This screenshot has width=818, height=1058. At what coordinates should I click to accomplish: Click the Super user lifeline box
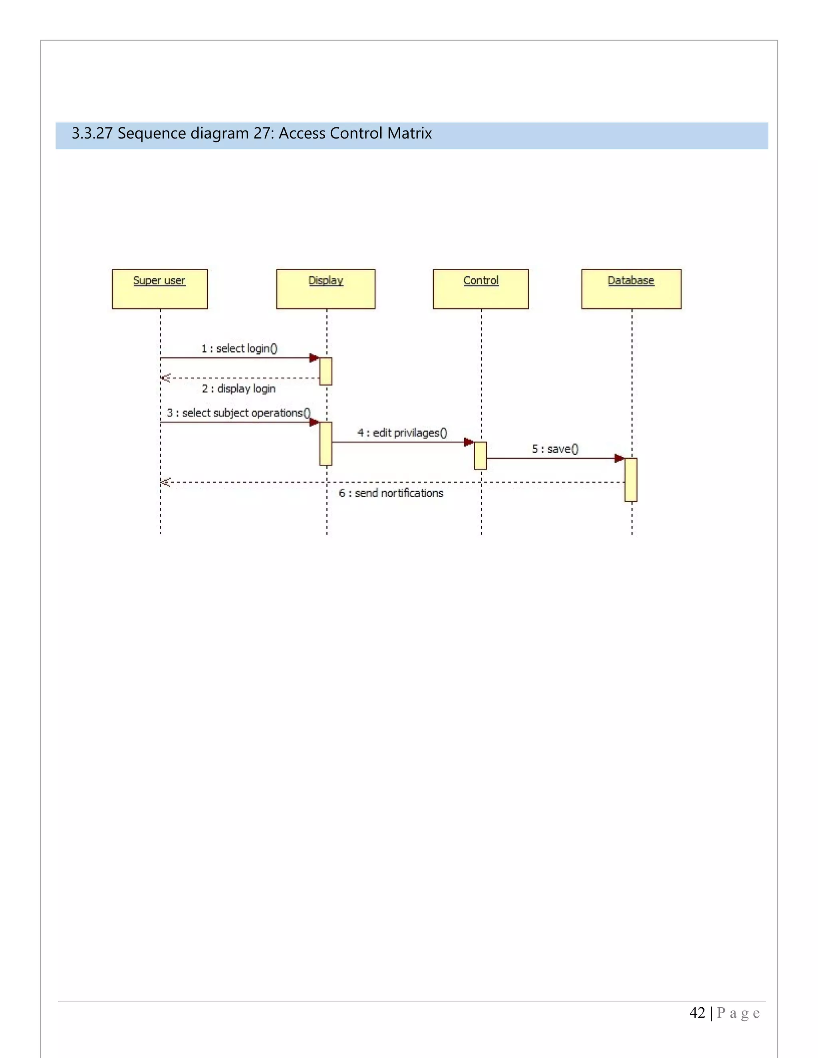[159, 289]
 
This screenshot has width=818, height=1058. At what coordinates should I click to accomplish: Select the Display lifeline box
[326, 289]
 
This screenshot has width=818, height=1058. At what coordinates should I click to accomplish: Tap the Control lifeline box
[480, 289]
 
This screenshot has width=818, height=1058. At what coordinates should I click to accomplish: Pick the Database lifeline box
[631, 289]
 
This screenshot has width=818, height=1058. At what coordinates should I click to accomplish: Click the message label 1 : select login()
[239, 348]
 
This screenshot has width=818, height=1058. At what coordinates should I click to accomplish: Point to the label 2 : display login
[238, 388]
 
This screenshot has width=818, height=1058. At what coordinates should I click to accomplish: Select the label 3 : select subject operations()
[238, 413]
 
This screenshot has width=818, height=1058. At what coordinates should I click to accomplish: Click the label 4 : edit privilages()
[402, 433]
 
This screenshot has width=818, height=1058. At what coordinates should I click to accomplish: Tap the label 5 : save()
[555, 449]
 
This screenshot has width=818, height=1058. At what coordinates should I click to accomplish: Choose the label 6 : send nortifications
[391, 493]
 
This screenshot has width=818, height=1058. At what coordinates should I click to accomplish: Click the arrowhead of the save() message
[619, 458]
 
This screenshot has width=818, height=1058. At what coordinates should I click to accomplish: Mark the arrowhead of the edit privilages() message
[469, 442]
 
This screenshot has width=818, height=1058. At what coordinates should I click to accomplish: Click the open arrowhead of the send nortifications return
[165, 482]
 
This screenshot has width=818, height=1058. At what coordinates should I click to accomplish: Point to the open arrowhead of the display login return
[165, 378]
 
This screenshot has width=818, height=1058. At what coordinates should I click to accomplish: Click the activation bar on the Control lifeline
[480, 456]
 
